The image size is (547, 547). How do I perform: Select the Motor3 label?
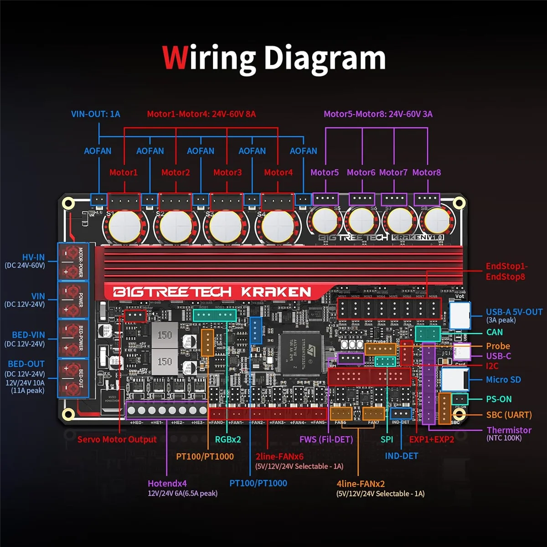pos(227,172)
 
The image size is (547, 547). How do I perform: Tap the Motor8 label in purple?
pos(426,172)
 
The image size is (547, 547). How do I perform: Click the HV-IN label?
pos(33,258)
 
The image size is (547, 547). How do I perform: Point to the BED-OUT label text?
pos(26,364)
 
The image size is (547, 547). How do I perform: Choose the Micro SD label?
pos(503,380)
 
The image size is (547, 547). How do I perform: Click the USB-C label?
pos(498,356)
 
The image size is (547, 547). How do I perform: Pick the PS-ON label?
pos(499,399)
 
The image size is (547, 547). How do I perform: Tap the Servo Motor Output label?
pos(117,439)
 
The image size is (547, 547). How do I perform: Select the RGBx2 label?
pos(228,439)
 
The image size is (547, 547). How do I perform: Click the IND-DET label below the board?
pos(401,456)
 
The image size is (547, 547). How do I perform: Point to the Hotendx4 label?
pos(167,483)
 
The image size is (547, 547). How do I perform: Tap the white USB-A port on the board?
pos(459,315)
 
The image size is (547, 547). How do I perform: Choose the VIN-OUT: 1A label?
pos(96,114)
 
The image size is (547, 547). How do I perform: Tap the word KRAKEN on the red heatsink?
pos(276,292)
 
